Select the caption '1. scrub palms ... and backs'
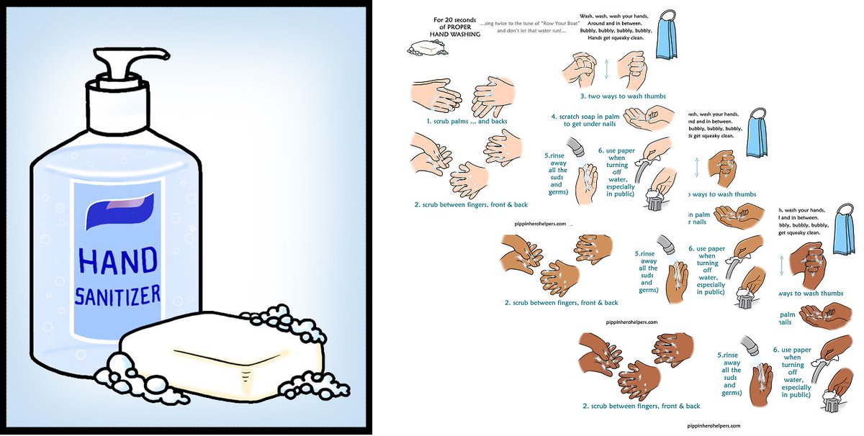pyautogui.click(x=466, y=122)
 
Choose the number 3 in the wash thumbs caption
pyautogui.click(x=583, y=96)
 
